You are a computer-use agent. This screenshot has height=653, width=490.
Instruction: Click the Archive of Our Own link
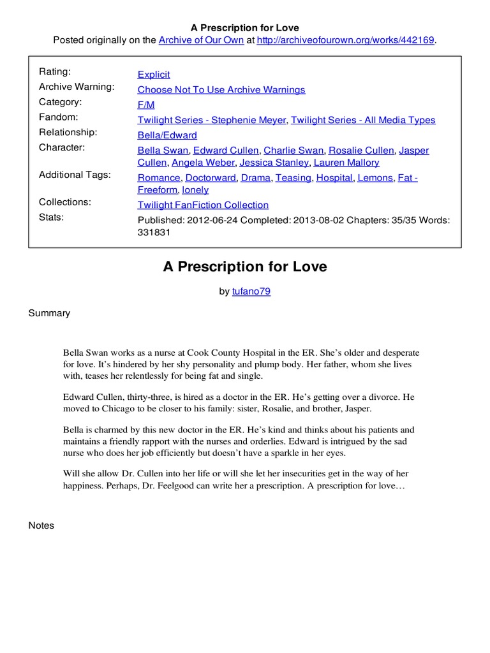201,40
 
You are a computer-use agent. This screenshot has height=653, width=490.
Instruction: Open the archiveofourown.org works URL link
345,40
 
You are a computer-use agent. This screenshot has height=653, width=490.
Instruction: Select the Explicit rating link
154,75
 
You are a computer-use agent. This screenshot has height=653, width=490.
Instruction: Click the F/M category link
146,105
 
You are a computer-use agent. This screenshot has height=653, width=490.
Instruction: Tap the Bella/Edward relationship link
167,135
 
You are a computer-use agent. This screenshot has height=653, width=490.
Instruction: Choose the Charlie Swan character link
293,150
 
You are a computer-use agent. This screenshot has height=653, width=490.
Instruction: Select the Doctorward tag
211,178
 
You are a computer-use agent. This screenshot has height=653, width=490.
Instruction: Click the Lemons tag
375,178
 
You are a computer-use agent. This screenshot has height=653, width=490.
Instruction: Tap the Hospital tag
334,178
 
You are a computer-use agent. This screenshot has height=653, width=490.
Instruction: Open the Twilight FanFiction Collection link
203,205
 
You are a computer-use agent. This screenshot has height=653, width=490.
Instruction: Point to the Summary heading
49,313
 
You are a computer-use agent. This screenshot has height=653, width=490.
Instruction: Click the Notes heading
41,525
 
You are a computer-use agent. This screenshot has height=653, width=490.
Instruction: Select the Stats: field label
52,217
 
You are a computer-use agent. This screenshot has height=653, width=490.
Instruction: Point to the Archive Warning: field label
77,87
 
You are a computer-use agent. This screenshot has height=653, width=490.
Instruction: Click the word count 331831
154,233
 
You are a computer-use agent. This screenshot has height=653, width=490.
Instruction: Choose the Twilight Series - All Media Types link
363,120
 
